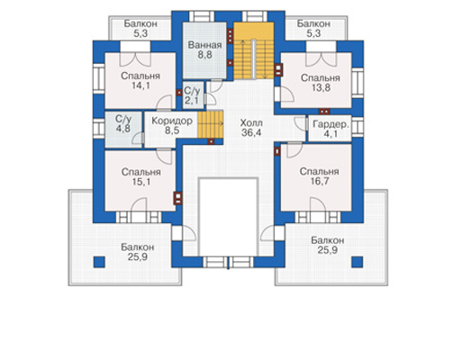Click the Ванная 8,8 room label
(x=204, y=49)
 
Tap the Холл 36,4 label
(x=251, y=128)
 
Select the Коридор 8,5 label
(x=172, y=126)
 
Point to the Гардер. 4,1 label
(x=331, y=130)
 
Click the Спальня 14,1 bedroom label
(x=141, y=81)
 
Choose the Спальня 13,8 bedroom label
(x=321, y=83)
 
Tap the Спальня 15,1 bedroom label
(x=141, y=177)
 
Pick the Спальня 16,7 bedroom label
(x=320, y=176)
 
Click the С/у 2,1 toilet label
(x=192, y=95)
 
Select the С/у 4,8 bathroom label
(x=123, y=123)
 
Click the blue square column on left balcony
(x=99, y=262)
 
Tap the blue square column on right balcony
(x=358, y=262)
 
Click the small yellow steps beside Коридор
(x=211, y=124)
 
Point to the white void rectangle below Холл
(x=229, y=217)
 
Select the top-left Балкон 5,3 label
(x=141, y=29)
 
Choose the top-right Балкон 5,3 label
(x=313, y=29)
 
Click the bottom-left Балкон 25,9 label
(x=138, y=252)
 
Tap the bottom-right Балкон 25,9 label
(x=328, y=245)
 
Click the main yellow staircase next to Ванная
(x=254, y=50)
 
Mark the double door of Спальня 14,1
(x=135, y=59)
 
